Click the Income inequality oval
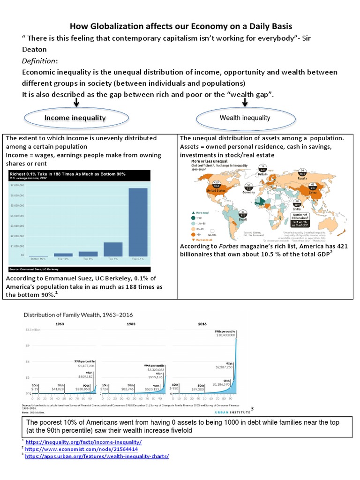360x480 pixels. (75, 118)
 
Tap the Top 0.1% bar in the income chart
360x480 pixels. (138, 222)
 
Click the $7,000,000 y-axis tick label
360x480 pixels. (18, 185)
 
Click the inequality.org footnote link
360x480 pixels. (83, 442)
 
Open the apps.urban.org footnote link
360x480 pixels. (97, 456)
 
